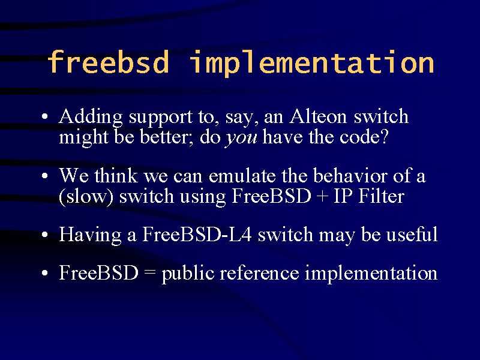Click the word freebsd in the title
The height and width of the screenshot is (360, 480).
click(108, 62)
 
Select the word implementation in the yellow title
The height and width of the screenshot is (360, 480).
click(311, 64)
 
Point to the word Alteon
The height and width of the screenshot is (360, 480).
click(318, 116)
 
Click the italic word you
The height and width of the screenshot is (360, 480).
click(241, 139)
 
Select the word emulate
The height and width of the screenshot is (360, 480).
click(242, 176)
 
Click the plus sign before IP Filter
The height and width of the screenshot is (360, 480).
click(322, 197)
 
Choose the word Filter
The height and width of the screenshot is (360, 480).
click(382, 196)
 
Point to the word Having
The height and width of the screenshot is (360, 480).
click(90, 236)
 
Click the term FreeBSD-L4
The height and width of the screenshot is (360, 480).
click(197, 235)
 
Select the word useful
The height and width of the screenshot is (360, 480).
click(412, 235)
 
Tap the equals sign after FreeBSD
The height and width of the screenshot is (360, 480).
click(150, 272)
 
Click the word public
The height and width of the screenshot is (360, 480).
click(188, 274)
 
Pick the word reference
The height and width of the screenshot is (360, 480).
click(260, 273)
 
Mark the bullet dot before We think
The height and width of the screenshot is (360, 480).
click(45, 176)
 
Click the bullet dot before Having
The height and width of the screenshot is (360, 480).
click(45, 235)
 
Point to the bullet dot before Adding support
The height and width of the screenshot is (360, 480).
click(45, 116)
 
